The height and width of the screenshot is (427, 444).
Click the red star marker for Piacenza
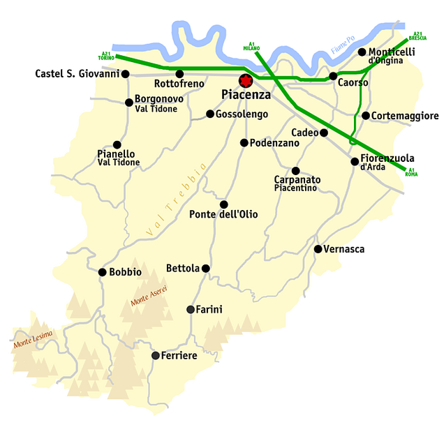[245, 80]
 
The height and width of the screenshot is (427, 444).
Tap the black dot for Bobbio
[103, 272]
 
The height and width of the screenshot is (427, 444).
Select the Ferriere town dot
[155, 355]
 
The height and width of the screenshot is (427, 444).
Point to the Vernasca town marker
[318, 249]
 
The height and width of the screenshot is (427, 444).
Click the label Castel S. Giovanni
[77, 74]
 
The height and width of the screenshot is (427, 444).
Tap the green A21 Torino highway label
[105, 55]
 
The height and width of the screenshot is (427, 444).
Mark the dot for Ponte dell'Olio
[224, 204]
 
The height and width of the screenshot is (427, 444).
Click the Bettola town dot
[205, 268]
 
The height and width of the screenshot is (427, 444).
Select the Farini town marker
[191, 309]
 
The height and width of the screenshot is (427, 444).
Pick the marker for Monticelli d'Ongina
[362, 52]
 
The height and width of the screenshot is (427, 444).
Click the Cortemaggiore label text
[405, 116]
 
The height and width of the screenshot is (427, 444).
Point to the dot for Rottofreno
[179, 74]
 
